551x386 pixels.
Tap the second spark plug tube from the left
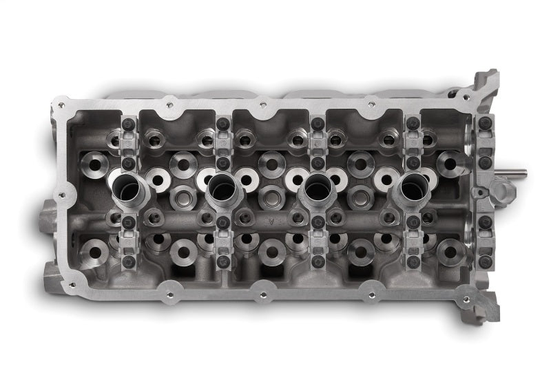tap(222, 186)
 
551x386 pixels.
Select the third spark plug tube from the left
tap(316, 186)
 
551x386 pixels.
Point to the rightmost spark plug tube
tap(412, 186)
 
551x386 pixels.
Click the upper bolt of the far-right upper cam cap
tap(486, 122)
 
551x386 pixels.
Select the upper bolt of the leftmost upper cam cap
tap(129, 123)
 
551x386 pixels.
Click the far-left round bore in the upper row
tap(90, 162)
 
